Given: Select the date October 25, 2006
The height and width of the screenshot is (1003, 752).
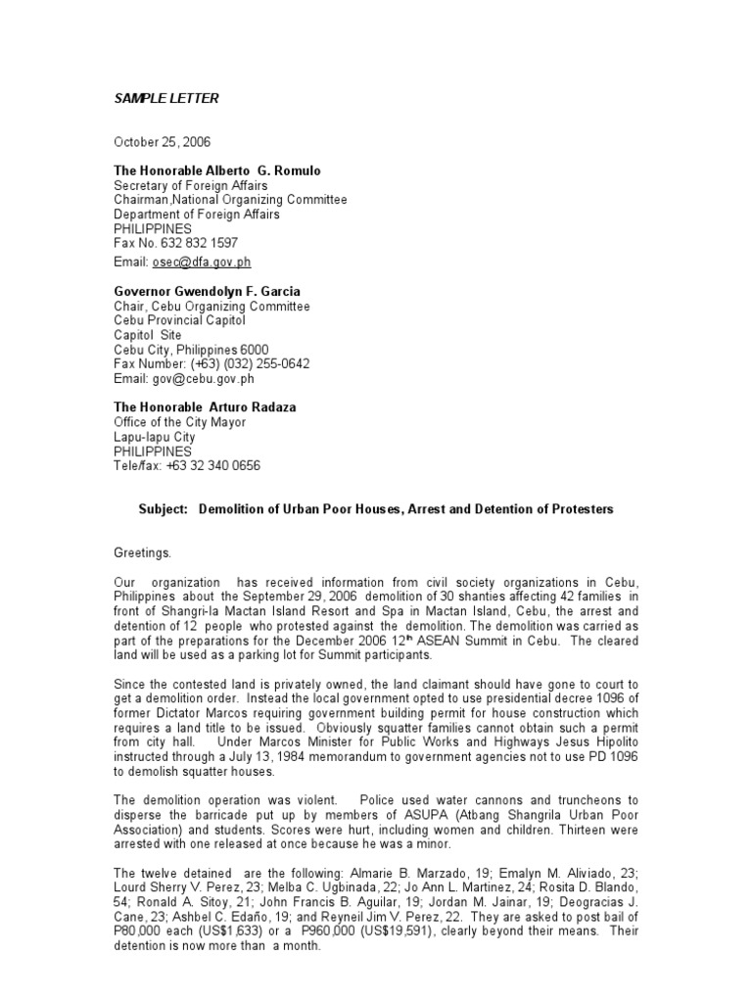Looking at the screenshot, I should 162,142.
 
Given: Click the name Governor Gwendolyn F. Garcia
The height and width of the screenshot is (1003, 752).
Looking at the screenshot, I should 207,291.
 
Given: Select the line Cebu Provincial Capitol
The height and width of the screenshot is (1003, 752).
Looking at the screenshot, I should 179,320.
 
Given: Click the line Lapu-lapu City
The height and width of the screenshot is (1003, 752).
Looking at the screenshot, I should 154,437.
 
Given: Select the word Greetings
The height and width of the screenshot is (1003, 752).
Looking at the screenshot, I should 142,552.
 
